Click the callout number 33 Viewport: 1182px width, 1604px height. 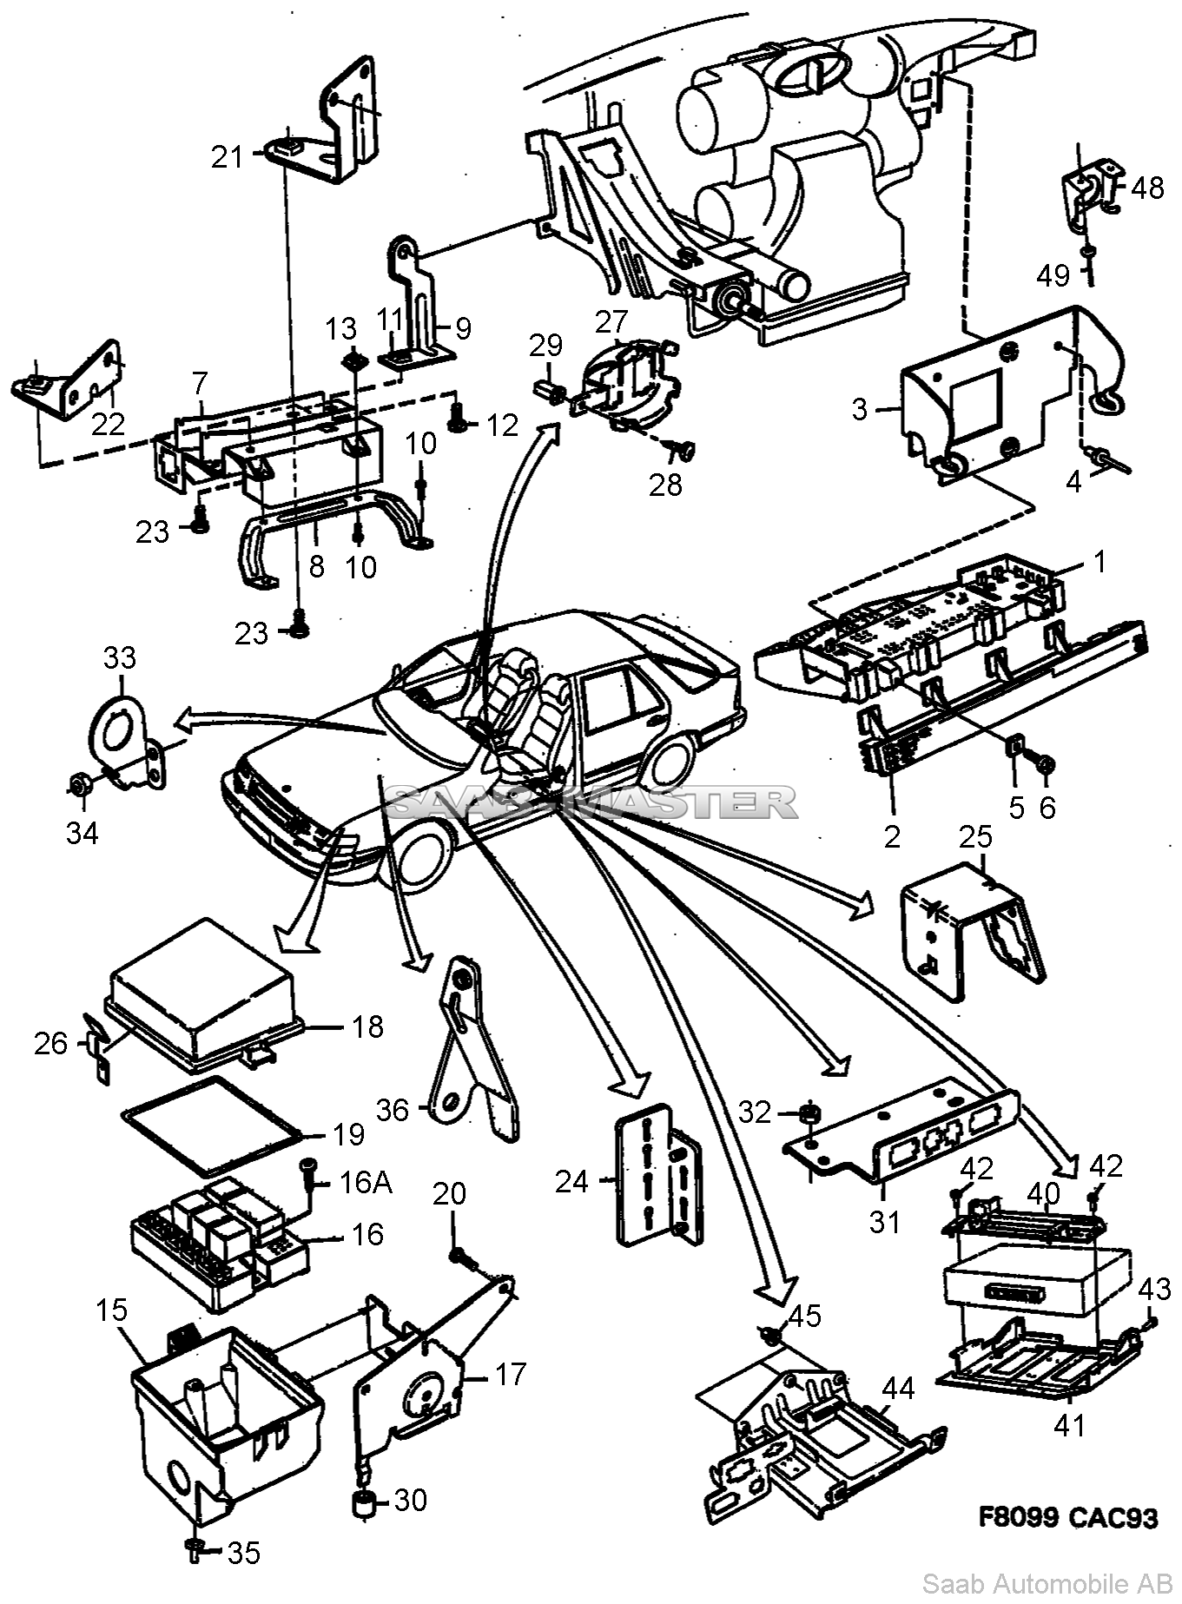point(120,657)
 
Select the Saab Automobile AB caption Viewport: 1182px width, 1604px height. point(1047,1583)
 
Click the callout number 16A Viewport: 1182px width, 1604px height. point(365,1182)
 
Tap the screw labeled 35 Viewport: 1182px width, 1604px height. point(195,1550)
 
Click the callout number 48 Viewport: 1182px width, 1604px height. point(1147,187)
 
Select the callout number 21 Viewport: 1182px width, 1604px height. point(228,157)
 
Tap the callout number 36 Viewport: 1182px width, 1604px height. point(392,1109)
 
